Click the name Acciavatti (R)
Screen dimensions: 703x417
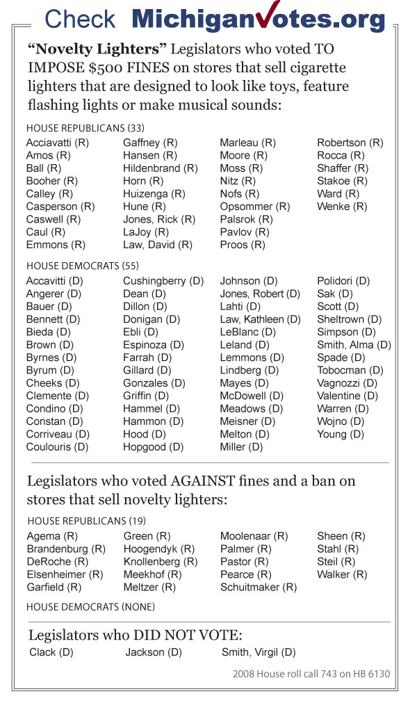click(x=58, y=143)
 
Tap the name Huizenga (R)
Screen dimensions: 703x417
click(x=154, y=194)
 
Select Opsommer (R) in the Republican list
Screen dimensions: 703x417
click(x=254, y=207)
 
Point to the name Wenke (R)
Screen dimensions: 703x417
click(x=342, y=207)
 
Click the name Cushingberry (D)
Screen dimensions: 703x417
click(x=163, y=281)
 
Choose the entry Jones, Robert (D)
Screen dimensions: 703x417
click(x=260, y=293)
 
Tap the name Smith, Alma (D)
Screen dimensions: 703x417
click(x=354, y=345)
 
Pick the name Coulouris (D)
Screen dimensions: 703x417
click(x=57, y=447)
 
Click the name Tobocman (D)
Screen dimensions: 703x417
click(x=350, y=371)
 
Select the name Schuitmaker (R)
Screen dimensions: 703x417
click(x=259, y=588)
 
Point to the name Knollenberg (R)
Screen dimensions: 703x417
click(x=161, y=562)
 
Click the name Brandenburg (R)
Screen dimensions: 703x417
click(x=66, y=549)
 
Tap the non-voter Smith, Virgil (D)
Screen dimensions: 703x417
click(x=259, y=652)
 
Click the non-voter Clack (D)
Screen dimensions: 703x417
click(x=51, y=652)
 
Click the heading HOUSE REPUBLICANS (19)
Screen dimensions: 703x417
click(x=76, y=521)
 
